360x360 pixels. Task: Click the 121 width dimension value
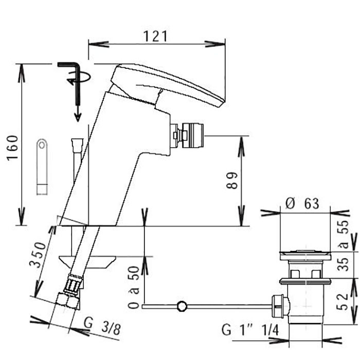pyautogui.click(x=155, y=37)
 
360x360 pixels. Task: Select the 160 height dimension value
pyautogui.click(x=12, y=148)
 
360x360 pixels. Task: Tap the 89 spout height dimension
pyautogui.click(x=231, y=181)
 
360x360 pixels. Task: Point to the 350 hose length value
pyautogui.click(x=38, y=255)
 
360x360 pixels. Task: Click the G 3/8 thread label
pyautogui.click(x=102, y=326)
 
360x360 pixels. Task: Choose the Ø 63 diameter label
pyautogui.click(x=302, y=204)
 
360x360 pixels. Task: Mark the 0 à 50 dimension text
pyautogui.click(x=134, y=287)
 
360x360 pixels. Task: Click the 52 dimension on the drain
pyautogui.click(x=343, y=302)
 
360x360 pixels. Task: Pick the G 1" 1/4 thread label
pyautogui.click(x=250, y=330)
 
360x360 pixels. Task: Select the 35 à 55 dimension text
pyautogui.click(x=343, y=246)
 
